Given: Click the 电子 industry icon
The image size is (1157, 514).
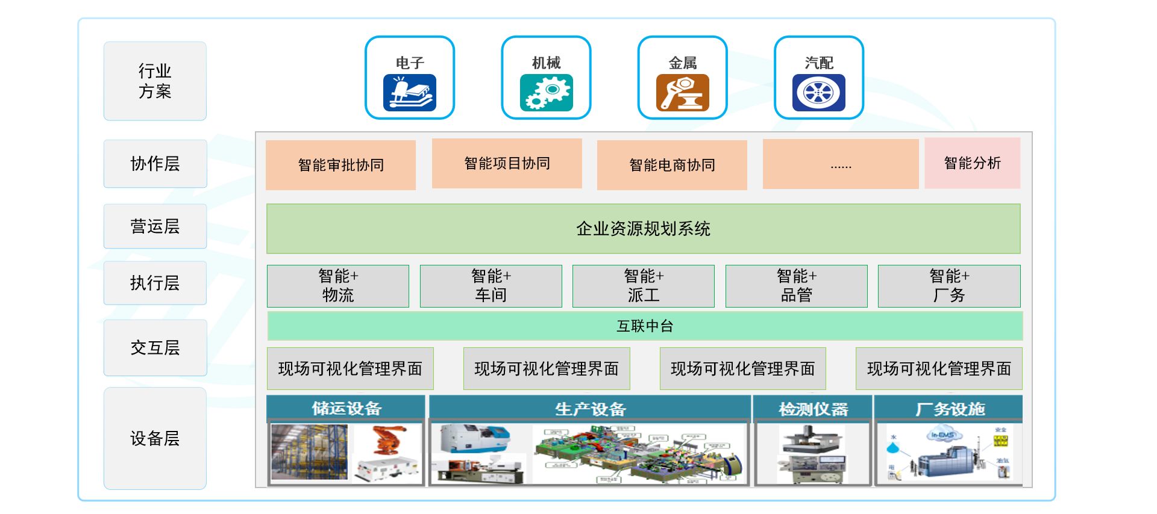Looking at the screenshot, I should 409,93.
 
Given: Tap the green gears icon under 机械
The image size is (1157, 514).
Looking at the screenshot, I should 546,93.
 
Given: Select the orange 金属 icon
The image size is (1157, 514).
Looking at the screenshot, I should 682,93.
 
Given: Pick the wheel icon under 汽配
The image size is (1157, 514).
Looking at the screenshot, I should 818,93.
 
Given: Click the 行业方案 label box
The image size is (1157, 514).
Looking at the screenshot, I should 155,81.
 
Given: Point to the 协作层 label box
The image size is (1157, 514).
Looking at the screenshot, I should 155,164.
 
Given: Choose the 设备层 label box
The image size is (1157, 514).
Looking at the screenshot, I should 155,438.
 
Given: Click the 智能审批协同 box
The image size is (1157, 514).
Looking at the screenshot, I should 340,165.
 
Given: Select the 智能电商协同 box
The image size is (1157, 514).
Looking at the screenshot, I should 672,165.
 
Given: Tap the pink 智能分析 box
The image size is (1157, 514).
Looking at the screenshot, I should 972,163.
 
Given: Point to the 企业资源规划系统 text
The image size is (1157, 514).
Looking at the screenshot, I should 643,229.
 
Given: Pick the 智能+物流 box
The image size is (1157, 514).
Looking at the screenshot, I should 337,286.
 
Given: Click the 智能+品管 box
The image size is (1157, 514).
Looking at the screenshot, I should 796,286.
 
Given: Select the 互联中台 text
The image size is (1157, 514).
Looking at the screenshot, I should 644,326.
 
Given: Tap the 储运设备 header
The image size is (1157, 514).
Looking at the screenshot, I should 346,408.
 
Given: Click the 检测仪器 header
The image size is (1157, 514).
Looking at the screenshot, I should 813,409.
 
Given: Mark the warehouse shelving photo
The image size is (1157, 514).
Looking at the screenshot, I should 310,451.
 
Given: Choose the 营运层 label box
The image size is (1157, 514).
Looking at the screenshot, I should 155,226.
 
